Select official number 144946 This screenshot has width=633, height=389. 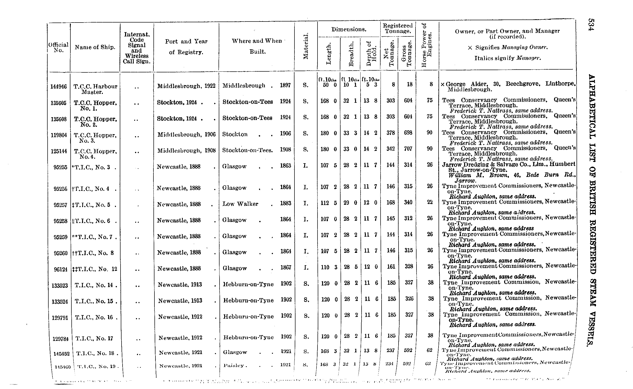59,87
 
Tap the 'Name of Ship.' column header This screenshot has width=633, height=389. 95,47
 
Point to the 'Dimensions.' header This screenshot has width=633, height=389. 349,29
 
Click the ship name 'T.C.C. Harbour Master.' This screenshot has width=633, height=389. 95,89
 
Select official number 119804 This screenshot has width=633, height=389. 59,135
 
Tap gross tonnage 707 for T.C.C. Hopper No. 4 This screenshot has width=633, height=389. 408,149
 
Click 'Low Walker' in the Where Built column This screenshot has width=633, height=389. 240,204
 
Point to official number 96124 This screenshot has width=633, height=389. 61,269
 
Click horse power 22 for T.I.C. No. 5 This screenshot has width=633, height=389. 430,202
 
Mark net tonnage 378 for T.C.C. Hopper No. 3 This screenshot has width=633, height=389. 390,133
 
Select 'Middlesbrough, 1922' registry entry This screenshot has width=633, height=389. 186,86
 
